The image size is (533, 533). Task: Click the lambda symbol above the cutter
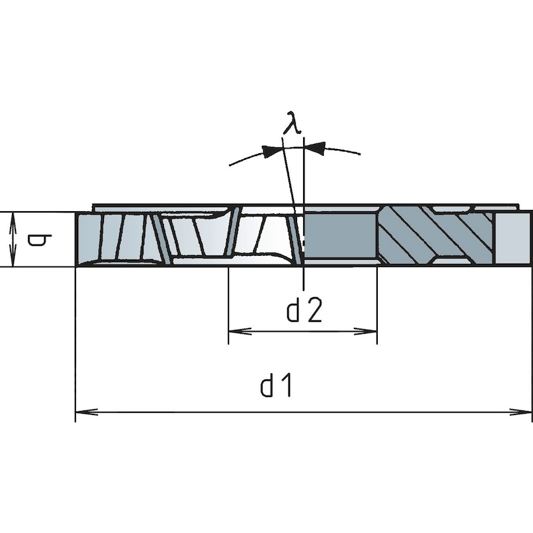pos(290,123)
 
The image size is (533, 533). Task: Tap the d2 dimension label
pos(304,310)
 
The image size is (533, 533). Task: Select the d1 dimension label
pos(276,386)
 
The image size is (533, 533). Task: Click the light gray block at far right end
pos(514,238)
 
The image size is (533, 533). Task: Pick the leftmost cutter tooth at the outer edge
pos(89,238)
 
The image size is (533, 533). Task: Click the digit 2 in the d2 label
pos(314,310)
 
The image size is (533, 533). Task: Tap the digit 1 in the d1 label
pos(286,386)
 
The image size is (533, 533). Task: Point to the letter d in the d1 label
pos(267,386)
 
